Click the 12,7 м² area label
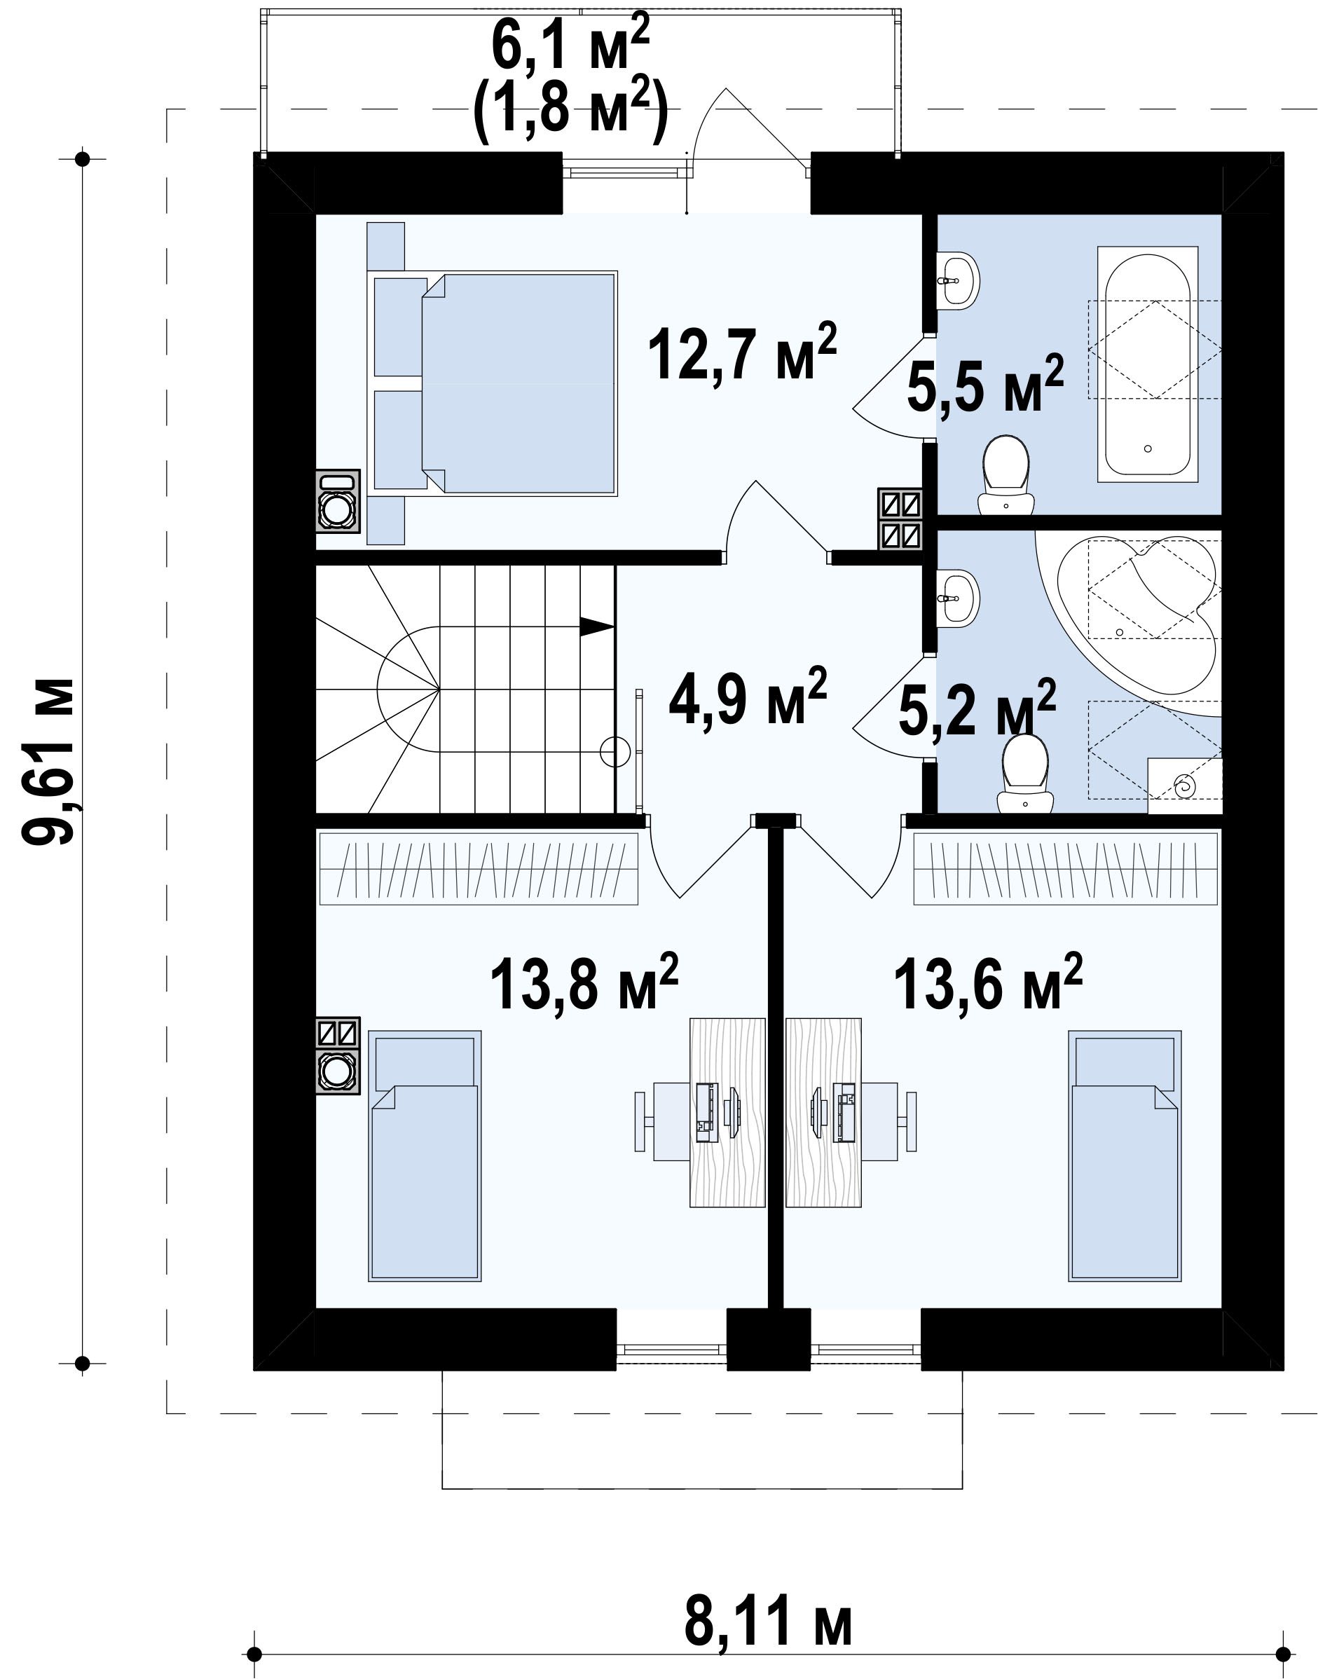coord(741,352)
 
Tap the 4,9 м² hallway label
coord(748,696)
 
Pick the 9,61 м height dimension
coord(48,761)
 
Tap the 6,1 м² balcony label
coord(571,45)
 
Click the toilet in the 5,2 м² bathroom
coord(1025,773)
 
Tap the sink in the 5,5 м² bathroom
coord(958,281)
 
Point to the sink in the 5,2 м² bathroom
coord(958,598)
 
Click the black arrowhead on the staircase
coord(596,626)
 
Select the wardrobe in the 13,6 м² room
coord(1066,868)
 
